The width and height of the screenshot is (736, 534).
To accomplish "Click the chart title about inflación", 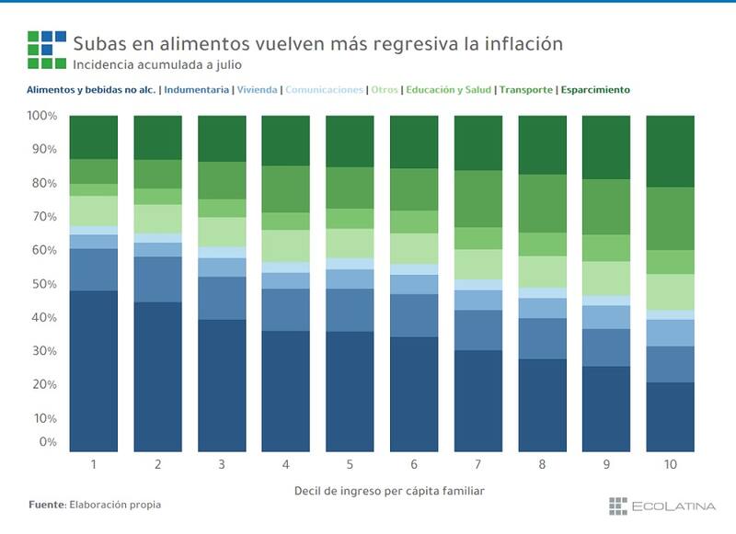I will pyautogui.click(x=317, y=43).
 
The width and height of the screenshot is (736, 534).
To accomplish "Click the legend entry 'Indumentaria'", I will pyautogui.click(x=197, y=90).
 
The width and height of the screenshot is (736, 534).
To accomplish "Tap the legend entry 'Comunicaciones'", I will pyautogui.click(x=324, y=90).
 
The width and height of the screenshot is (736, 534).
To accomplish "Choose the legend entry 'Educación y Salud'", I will pyautogui.click(x=448, y=90).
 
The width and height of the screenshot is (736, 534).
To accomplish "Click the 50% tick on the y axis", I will pyautogui.click(x=42, y=284).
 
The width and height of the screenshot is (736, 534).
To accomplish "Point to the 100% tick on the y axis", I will pyautogui.click(x=41, y=116).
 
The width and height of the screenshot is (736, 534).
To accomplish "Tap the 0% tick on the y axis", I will pyautogui.click(x=46, y=442).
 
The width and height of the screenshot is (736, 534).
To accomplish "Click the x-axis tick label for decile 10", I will pyautogui.click(x=670, y=465).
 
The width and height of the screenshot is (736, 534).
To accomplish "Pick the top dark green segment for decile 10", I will pyautogui.click(x=670, y=151).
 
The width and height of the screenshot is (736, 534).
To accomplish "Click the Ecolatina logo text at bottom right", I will pyautogui.click(x=669, y=505).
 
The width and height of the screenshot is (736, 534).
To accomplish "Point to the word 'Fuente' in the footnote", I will pyautogui.click(x=45, y=505).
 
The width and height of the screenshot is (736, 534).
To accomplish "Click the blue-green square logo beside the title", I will pyautogui.click(x=46, y=50).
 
